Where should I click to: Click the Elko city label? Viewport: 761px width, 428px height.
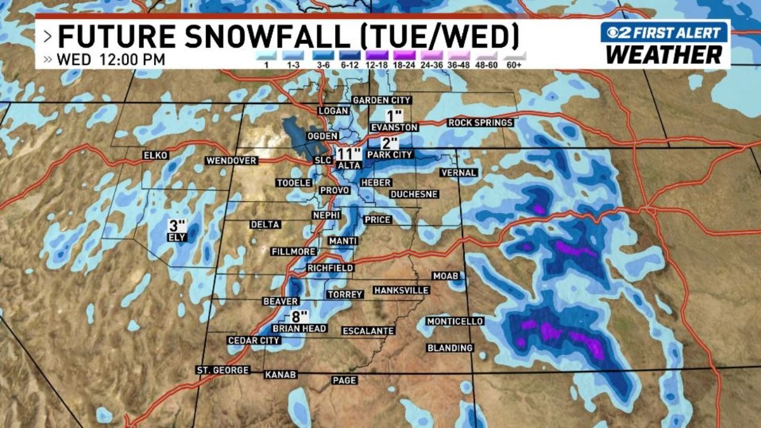(x=156, y=156)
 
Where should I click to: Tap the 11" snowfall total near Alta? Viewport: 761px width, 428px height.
(x=349, y=154)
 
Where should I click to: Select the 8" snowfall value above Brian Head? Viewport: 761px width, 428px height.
(x=300, y=316)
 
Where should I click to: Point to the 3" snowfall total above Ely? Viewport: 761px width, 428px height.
(x=177, y=226)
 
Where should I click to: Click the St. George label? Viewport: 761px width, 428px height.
(x=223, y=370)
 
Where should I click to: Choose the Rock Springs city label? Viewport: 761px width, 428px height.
(x=480, y=122)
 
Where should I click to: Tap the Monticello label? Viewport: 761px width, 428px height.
(x=455, y=321)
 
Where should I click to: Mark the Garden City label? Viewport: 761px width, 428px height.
(x=382, y=100)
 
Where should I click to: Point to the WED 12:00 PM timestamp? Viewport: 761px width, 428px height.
(x=111, y=60)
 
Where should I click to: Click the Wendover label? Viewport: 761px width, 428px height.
(x=231, y=160)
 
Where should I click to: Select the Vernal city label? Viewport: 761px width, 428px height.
(x=458, y=173)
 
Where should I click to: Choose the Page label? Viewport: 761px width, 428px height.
(x=344, y=380)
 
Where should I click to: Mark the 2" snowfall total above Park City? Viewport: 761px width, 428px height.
(x=389, y=143)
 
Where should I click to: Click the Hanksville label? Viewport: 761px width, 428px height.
(x=401, y=290)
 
